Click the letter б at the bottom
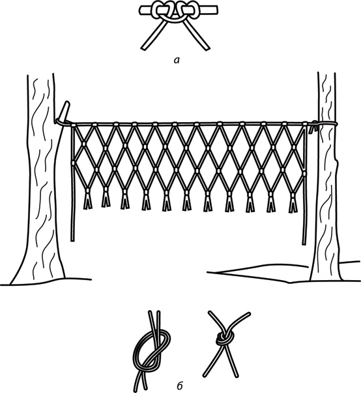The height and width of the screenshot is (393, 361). click(x=180, y=386)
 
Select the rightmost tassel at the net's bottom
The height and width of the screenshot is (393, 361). click(x=293, y=202)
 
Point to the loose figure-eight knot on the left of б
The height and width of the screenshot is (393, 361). click(x=152, y=353)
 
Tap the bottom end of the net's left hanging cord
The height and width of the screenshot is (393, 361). click(x=72, y=240)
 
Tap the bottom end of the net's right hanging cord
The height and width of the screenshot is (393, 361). click(x=304, y=243)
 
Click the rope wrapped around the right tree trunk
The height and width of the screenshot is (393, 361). click(x=325, y=124)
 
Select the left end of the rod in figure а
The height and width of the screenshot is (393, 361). click(x=141, y=10)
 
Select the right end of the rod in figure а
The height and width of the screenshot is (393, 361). click(x=216, y=10)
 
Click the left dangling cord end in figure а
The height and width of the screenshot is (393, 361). click(x=145, y=48)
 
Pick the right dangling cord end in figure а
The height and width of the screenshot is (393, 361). click(x=207, y=48)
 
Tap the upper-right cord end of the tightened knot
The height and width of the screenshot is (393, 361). click(x=248, y=313)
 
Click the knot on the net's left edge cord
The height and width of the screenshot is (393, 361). click(x=73, y=163)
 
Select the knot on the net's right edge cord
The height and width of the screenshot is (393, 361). click(x=304, y=174)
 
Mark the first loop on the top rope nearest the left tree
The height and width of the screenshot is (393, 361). click(x=74, y=125)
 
